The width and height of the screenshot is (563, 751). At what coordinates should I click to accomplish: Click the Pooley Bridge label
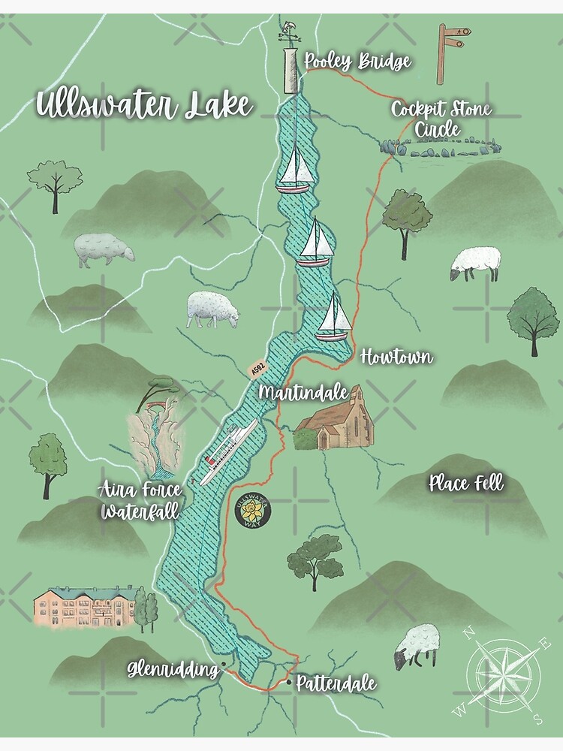tap(358, 62)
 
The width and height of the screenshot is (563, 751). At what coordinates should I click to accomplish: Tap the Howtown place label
tap(396, 357)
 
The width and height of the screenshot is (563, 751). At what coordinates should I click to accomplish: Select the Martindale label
tap(303, 392)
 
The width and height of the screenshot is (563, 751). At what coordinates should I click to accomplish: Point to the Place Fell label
tap(465, 483)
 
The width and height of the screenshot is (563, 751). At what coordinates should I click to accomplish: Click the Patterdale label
tap(336, 684)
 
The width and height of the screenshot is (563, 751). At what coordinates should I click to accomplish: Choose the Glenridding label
tap(172, 668)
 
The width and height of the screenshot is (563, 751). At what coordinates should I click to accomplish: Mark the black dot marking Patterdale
tap(289, 683)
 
